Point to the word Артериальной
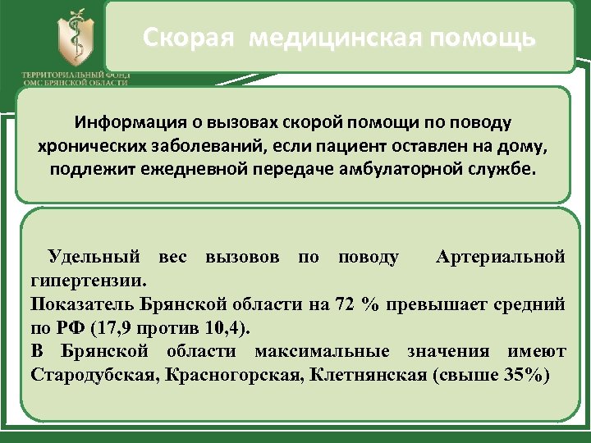point(501,257)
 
